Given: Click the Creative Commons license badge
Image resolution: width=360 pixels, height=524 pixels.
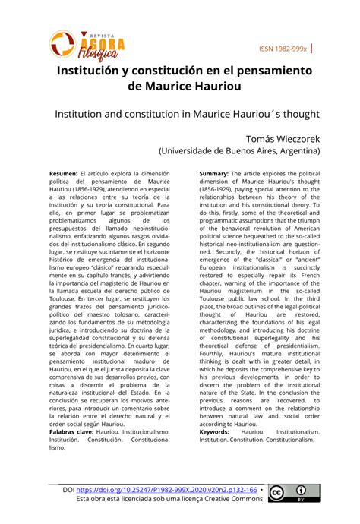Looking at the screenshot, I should [291, 494].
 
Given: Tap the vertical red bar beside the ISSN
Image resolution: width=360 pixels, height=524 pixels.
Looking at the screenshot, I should [314, 48].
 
